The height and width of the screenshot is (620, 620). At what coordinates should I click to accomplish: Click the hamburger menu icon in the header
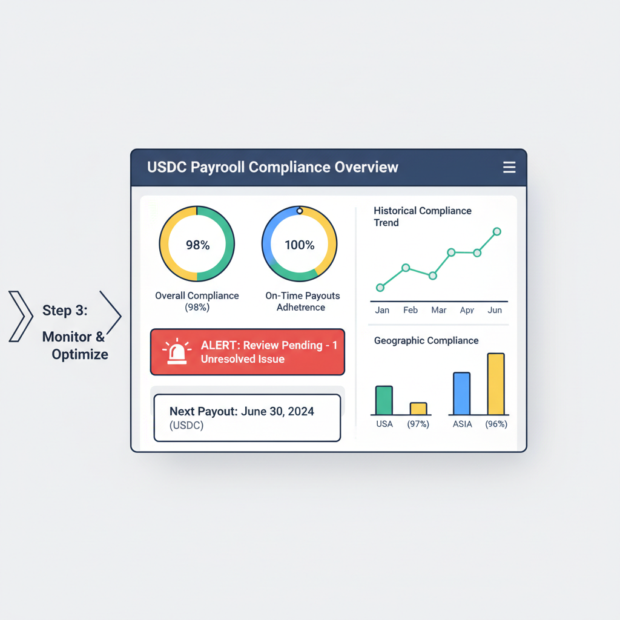tap(509, 167)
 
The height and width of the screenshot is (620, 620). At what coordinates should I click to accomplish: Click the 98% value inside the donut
tap(197, 245)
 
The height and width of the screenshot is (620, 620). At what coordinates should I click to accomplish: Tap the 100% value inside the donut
tap(300, 245)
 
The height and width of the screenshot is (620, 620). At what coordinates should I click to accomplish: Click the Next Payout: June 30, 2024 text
tap(242, 412)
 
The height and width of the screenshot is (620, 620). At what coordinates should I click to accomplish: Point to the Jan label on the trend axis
tap(382, 310)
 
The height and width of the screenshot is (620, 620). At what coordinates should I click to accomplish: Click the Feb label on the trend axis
tap(411, 310)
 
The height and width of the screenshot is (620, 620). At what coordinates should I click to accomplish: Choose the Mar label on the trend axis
tap(438, 310)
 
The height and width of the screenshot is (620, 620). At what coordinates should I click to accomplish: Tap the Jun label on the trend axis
tap(495, 310)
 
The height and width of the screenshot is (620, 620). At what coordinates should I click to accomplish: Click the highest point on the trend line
tap(497, 231)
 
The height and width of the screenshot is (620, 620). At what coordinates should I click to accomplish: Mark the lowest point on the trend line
tap(380, 288)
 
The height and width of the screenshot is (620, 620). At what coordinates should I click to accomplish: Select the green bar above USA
tap(384, 400)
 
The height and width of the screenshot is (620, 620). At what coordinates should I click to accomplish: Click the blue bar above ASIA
tap(461, 394)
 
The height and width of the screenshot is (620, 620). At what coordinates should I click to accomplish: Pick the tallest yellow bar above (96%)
tap(495, 384)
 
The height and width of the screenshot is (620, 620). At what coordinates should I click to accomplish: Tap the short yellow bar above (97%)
tap(418, 409)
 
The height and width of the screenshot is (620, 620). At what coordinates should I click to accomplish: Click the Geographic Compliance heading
tap(426, 341)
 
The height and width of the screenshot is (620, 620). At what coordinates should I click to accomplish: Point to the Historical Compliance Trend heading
tap(422, 216)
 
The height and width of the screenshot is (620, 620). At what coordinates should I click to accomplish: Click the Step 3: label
tap(65, 311)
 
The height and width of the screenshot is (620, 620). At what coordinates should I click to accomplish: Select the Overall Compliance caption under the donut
tap(197, 296)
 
